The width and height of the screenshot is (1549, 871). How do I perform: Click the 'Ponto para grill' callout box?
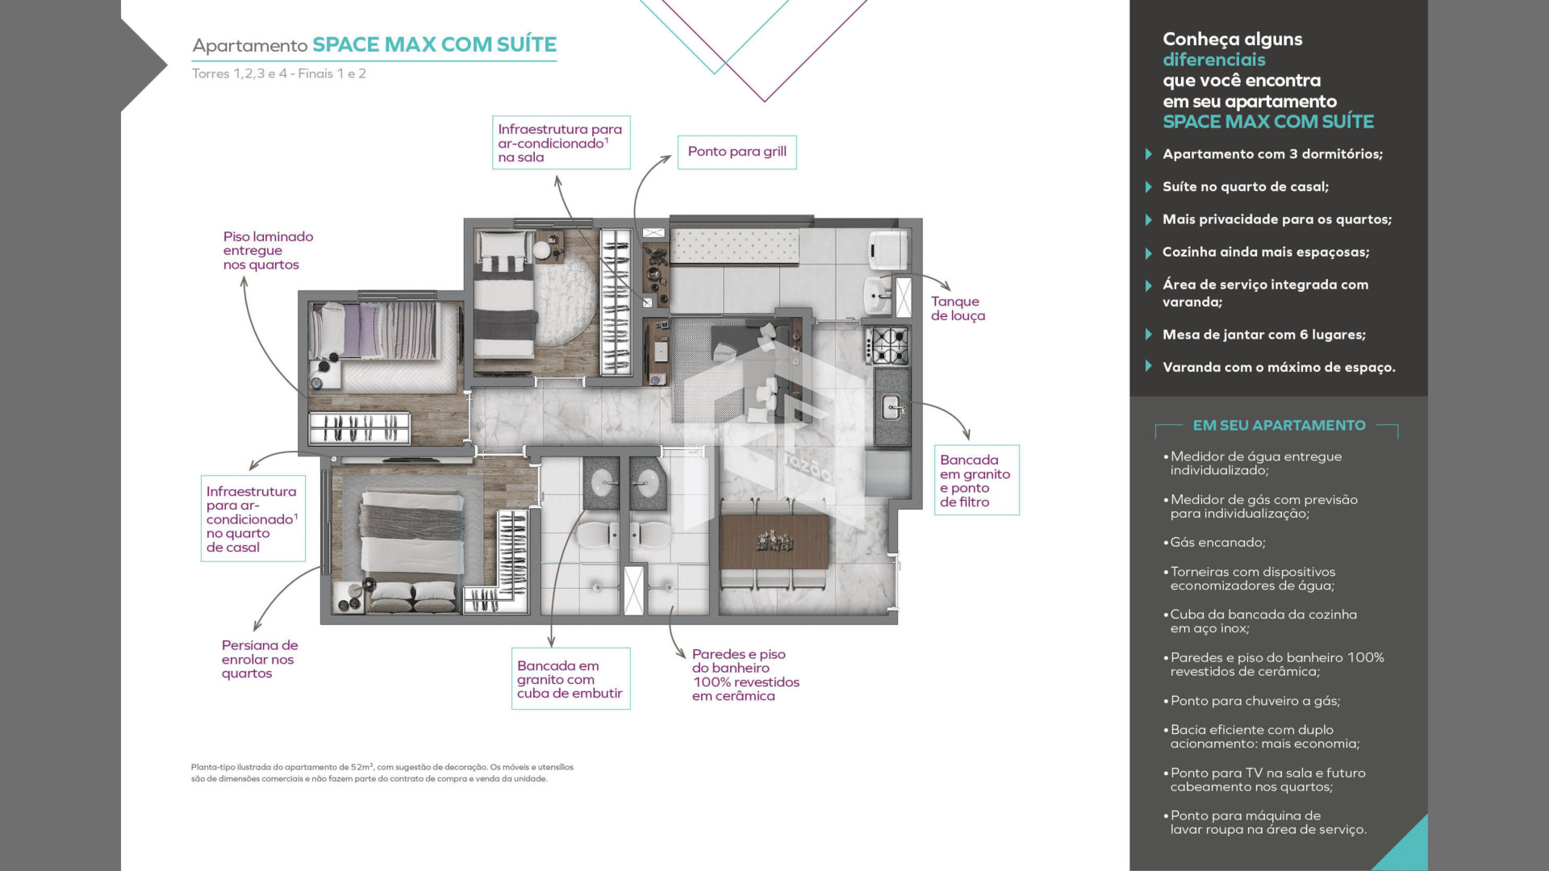737,152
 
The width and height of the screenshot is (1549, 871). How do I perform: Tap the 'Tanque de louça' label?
958,309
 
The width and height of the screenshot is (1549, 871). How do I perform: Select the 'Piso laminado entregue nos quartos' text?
268,251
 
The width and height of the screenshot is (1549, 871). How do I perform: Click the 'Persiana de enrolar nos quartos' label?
260,659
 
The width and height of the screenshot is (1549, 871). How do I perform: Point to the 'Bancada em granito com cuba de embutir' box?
570,679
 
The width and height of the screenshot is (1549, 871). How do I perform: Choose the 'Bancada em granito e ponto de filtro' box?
976,481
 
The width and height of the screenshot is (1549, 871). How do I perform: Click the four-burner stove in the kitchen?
888,345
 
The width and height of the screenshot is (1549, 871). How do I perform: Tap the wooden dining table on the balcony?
774,541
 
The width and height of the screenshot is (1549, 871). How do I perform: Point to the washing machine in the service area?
889,249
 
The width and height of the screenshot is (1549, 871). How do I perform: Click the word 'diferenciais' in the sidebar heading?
1213,60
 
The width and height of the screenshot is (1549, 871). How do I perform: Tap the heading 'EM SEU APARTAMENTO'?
1279,426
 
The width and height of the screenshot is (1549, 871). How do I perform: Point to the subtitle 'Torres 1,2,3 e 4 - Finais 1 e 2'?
279,73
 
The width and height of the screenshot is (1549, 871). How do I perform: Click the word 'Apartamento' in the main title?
250,46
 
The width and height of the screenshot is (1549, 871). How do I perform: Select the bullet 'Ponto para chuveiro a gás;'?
1255,702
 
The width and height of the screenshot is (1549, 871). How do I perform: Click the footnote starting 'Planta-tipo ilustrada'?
382,773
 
